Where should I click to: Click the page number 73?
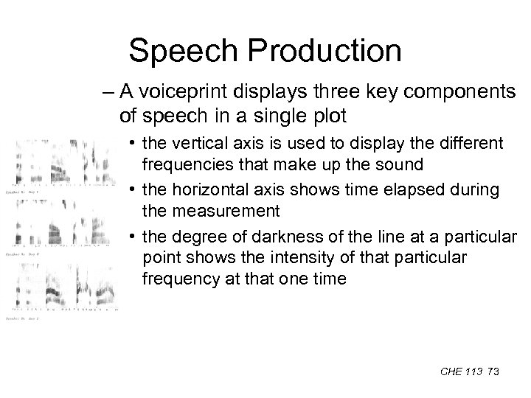click(493, 372)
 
